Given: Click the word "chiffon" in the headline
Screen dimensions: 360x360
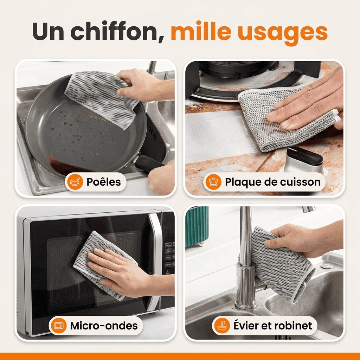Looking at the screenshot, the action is [x=117, y=32].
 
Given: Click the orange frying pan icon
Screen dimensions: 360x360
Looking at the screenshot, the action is [x=75, y=182].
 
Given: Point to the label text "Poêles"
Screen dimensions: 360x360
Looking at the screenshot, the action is [x=104, y=182].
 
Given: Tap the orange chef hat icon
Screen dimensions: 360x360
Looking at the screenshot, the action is [x=213, y=182].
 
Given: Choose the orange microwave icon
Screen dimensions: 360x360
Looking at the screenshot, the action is [x=59, y=326].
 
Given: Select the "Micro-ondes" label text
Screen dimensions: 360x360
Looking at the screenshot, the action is [x=104, y=326].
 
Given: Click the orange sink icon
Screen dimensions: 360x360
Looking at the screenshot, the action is [x=222, y=326].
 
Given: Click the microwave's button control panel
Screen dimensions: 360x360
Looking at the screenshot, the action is [x=169, y=257].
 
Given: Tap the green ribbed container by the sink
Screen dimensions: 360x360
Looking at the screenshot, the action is [x=197, y=226].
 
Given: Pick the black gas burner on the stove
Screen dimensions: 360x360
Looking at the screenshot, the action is [x=237, y=69].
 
